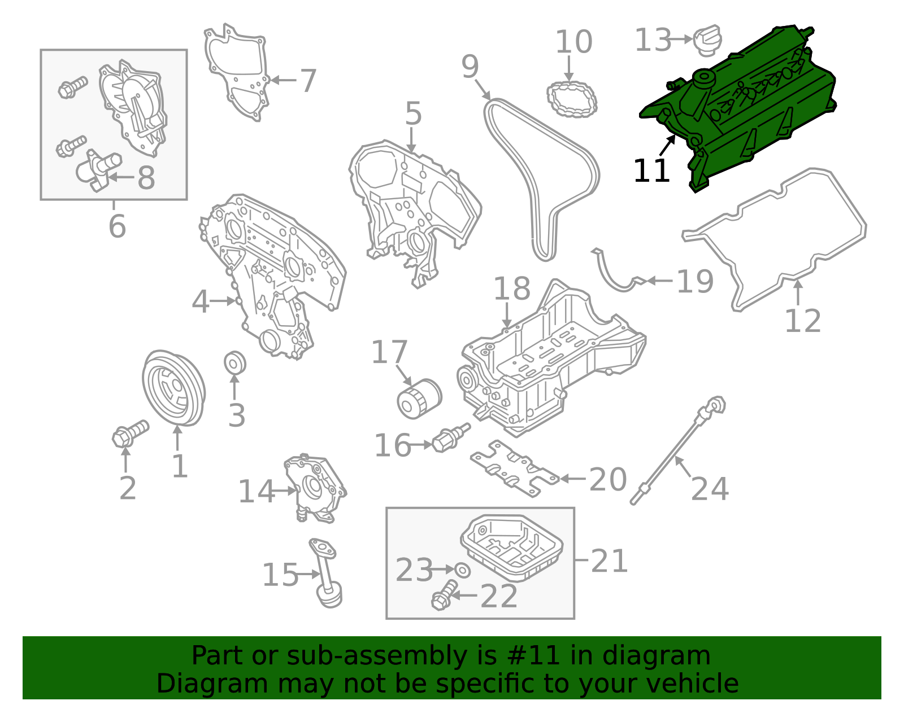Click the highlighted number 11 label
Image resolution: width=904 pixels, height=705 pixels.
pos(651,171)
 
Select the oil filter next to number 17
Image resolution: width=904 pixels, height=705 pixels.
pos(418,399)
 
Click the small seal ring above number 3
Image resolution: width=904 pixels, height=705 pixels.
pos(234,363)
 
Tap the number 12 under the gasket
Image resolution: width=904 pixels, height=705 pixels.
pos(802,321)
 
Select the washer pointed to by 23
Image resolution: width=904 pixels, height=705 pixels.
pos(462,570)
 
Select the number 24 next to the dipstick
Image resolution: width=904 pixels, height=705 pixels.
pos(710,489)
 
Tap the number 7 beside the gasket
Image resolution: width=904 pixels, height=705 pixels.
pos(308,81)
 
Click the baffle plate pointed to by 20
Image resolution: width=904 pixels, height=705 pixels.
pos(514,468)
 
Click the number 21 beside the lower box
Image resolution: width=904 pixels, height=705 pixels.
pos(609,561)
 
